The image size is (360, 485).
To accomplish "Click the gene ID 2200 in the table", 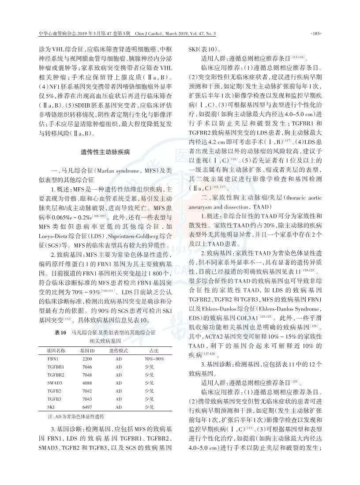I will coord(87,359).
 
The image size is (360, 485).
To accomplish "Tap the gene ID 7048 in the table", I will coord(87,375).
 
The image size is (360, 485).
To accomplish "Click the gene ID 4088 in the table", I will coord(87,383).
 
